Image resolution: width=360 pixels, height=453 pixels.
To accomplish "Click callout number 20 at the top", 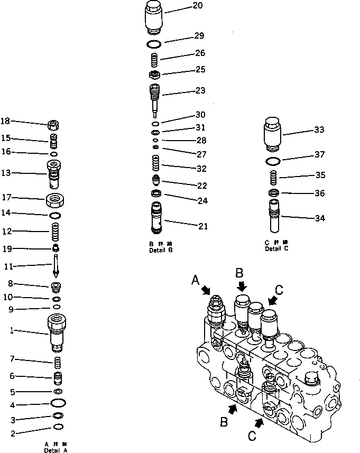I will (x=183, y=6).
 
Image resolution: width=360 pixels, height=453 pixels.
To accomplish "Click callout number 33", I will (x=319, y=130).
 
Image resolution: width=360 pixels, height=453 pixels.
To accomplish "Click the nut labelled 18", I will (x=53, y=125).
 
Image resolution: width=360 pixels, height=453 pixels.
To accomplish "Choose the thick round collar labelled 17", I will (x=55, y=201).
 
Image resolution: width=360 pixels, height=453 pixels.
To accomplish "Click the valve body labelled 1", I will (x=57, y=332).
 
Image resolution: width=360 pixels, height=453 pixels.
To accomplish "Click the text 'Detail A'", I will (x=56, y=450).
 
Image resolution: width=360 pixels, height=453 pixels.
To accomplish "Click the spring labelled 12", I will (x=55, y=232).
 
